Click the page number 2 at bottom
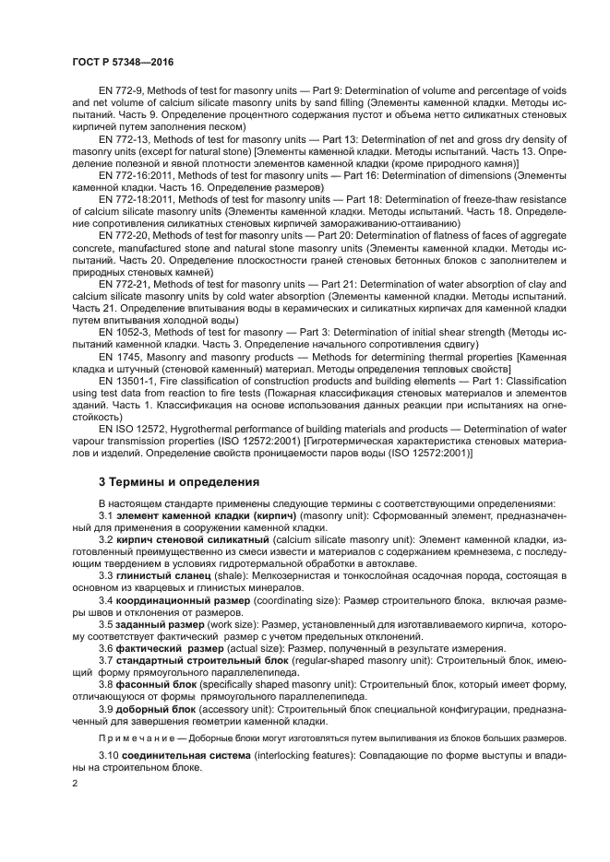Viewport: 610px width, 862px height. [x=75, y=783]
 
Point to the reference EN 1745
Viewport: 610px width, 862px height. [x=116, y=356]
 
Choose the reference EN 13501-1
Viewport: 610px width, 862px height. [x=128, y=380]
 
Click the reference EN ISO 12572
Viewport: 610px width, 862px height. [x=132, y=429]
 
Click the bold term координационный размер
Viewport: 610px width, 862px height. [x=181, y=599]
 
